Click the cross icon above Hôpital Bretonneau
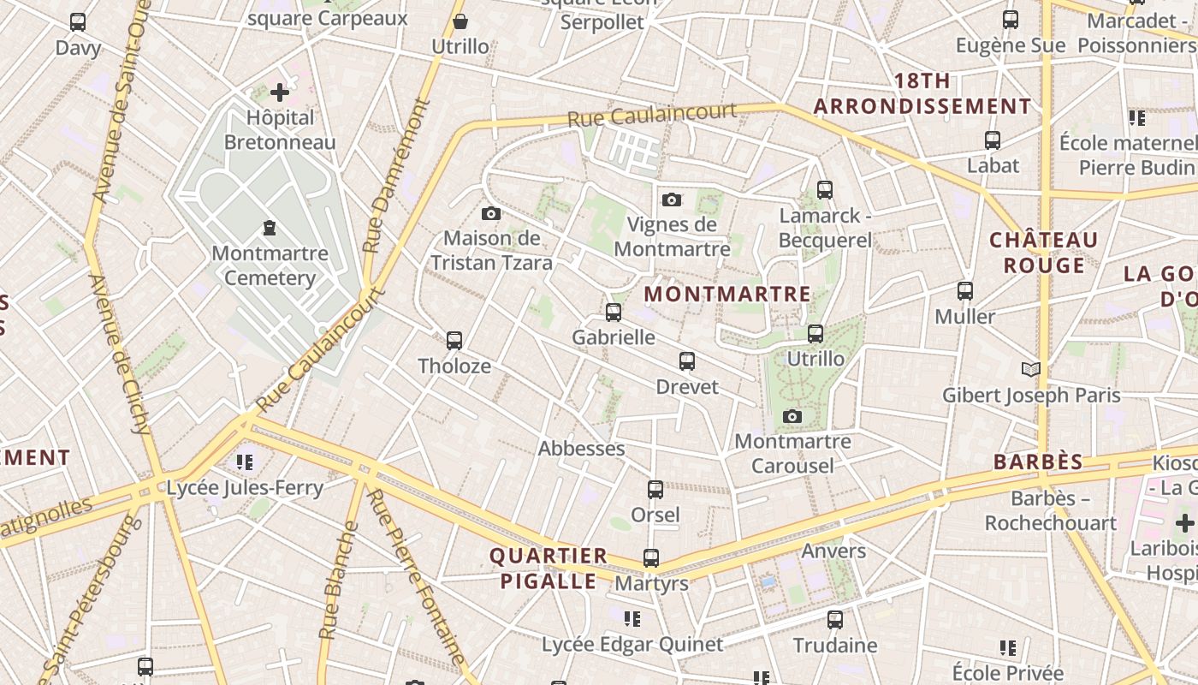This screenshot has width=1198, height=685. pos(280,92)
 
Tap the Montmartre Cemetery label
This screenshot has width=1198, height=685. pos(270,265)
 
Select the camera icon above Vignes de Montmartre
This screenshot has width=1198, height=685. pos(672,200)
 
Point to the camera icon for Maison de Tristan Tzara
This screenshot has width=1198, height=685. pos(491,214)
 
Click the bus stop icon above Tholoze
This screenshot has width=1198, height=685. pos(454,341)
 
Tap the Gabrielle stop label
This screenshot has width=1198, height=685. pos(614,337)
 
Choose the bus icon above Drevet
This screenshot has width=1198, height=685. pos(687,361)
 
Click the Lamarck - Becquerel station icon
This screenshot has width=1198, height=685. pos(825,190)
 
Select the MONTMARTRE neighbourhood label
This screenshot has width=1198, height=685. pos(727,295)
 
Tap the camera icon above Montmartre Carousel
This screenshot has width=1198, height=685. pos(792,417)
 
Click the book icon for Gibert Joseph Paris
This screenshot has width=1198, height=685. pos(1031,369)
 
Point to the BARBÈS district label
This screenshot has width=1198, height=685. pos(1038,462)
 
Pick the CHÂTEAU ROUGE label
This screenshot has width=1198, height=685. pos(1043,253)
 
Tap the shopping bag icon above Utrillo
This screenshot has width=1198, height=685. pos(460,21)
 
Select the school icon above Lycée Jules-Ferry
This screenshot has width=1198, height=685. pos(245,462)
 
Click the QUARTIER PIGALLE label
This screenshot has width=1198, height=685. pos(548,569)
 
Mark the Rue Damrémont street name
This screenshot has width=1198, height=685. pos(396,176)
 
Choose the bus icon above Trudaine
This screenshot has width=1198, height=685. pos(835,620)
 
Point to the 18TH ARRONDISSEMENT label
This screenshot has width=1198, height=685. pos(922,94)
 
